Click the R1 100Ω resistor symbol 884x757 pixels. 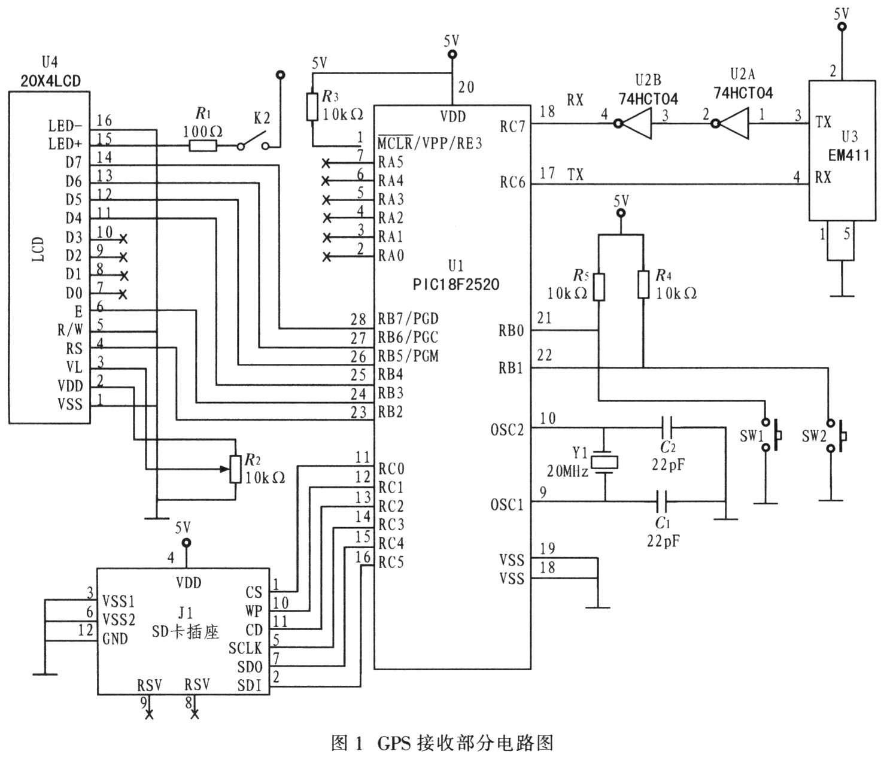click(203, 146)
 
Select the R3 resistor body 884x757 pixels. click(312, 107)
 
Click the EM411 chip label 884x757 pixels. click(849, 155)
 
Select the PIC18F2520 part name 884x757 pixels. click(456, 284)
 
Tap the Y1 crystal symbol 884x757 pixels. click(604, 463)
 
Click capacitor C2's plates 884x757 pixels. click(667, 427)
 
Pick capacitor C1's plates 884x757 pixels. click(662, 501)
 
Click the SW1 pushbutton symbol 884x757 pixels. click(771, 434)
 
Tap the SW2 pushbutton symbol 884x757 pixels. click(836, 436)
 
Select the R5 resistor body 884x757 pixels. click(599, 287)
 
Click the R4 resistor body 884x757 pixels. click(643, 284)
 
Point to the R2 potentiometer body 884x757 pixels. click(235, 469)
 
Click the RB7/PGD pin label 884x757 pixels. click(408, 318)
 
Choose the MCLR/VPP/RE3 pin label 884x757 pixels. click(430, 142)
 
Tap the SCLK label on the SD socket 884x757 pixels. click(245, 648)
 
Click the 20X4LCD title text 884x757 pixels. click(51, 81)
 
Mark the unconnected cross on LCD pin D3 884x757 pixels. click(123, 239)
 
